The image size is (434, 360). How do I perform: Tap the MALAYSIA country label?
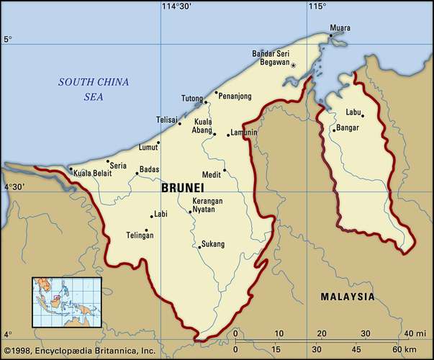[348, 297]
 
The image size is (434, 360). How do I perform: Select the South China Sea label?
[94, 89]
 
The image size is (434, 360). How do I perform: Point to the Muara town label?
[340, 28]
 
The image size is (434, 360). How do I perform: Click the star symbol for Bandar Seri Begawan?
[293, 65]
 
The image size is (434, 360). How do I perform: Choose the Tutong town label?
[191, 99]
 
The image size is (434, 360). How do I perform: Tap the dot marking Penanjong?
[216, 92]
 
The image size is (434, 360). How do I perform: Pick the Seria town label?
[118, 166]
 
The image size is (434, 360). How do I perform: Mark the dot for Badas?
[137, 173]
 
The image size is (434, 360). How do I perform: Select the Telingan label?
[140, 235]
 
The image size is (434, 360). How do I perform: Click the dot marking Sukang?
[199, 247]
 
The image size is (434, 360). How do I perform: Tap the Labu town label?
[353, 112]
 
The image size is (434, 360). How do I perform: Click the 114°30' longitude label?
[176, 6]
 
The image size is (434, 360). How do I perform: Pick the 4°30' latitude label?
[14, 187]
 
